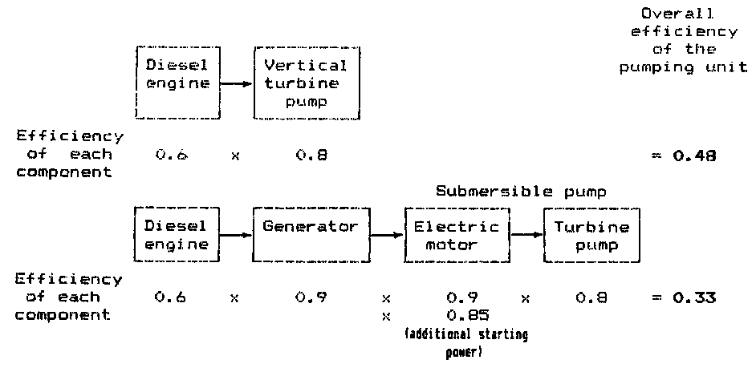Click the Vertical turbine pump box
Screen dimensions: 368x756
pyautogui.click(x=301, y=83)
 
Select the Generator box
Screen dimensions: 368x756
pyautogui.click(x=311, y=235)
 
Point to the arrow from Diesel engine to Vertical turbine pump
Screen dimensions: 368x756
pyautogui.click(x=235, y=83)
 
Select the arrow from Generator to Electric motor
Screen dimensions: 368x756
pyautogui.click(x=387, y=236)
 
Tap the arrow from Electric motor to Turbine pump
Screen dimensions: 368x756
pyautogui.click(x=526, y=235)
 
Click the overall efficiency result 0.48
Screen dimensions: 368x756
pyautogui.click(x=694, y=156)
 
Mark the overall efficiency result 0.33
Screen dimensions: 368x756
pyautogui.click(x=694, y=298)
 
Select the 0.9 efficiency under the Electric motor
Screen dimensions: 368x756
pyautogui.click(x=456, y=298)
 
